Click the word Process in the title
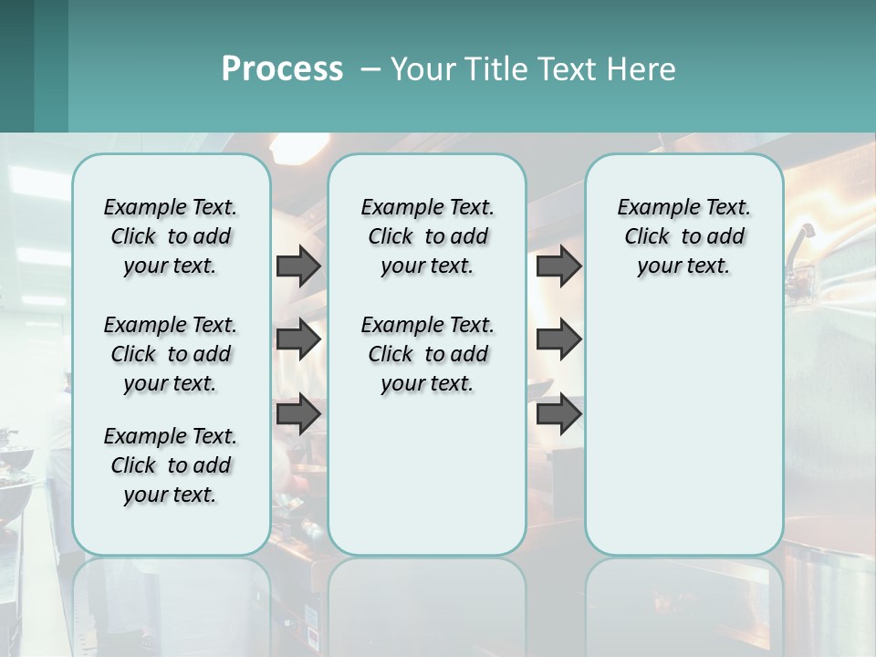(282, 68)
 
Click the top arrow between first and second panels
(298, 266)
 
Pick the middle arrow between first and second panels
(298, 340)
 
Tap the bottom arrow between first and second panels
(298, 414)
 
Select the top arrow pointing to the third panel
(558, 266)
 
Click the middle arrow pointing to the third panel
(558, 340)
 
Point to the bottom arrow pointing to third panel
(558, 414)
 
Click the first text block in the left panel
(171, 236)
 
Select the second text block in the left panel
(171, 354)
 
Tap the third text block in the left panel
(171, 465)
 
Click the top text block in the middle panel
(427, 236)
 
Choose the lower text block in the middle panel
(427, 354)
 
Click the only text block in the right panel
(683, 236)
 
